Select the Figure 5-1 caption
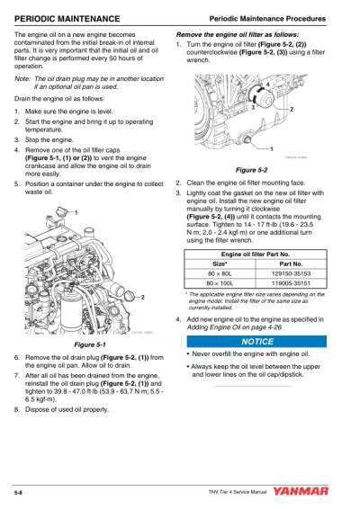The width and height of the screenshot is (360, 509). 89,344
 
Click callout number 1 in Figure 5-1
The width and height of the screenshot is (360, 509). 76,210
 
